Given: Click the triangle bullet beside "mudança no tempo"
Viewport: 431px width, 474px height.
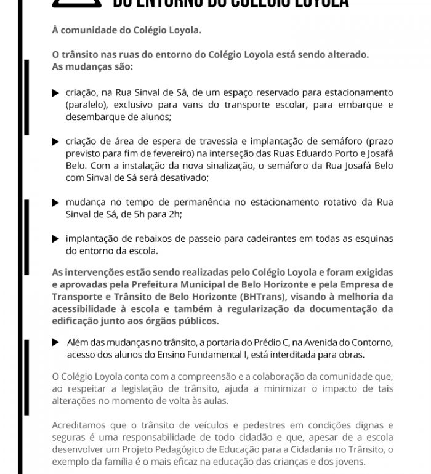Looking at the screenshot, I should point(56,203).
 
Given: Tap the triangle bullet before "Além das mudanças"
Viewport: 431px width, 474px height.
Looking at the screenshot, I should point(56,342).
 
